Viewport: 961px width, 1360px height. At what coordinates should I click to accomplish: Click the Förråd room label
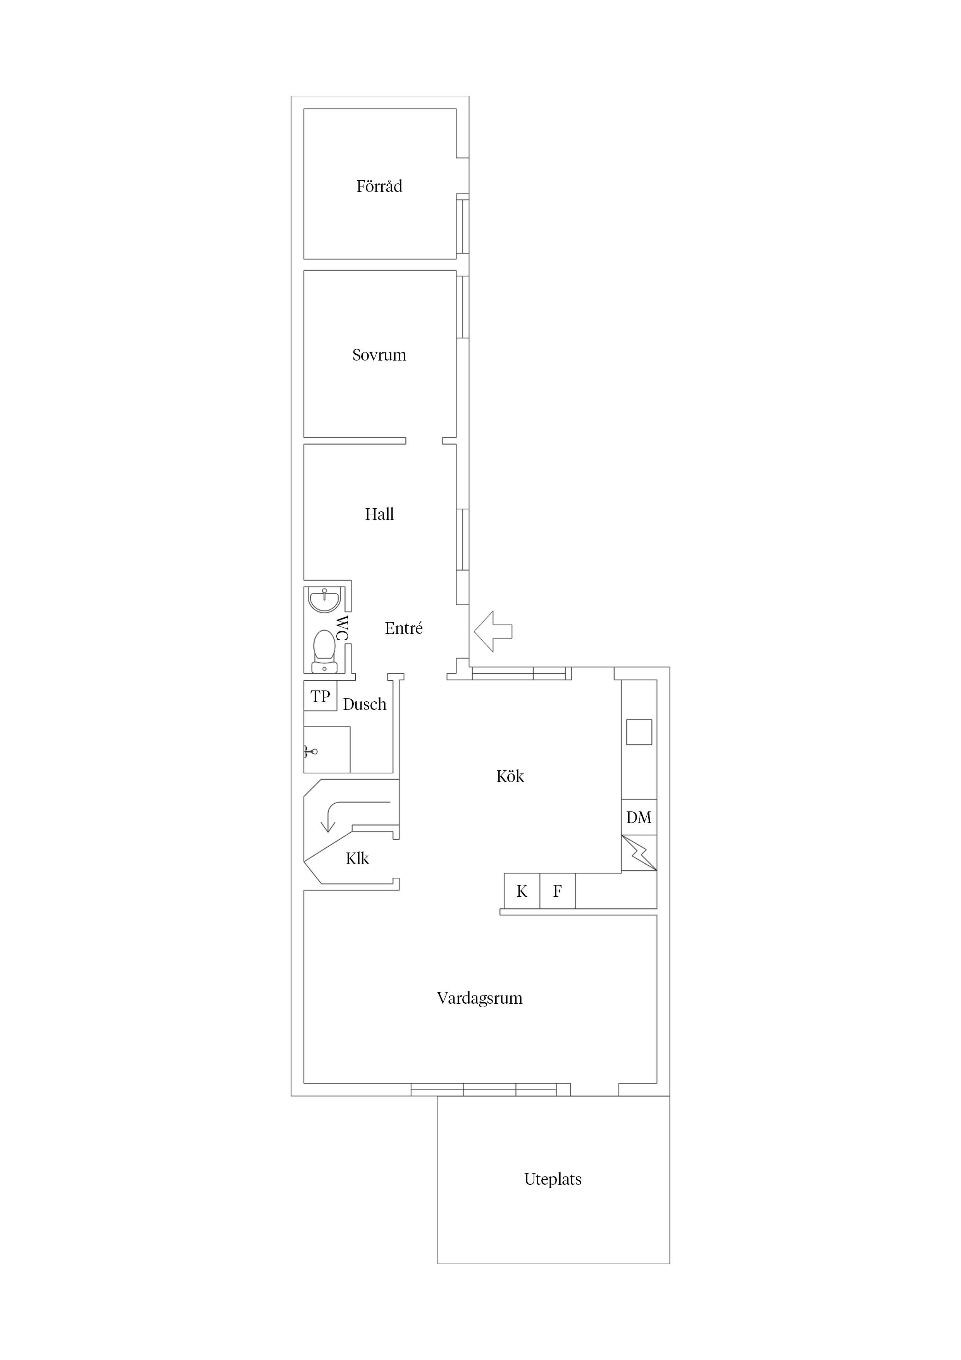379,186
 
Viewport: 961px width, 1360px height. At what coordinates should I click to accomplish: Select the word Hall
379,514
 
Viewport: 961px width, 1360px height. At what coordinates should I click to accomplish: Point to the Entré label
403,628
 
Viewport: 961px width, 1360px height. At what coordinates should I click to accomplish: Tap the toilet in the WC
324,652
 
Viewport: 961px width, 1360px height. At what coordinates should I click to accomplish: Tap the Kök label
510,776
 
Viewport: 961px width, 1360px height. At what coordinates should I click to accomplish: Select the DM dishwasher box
639,817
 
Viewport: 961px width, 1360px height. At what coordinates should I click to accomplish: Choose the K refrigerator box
522,891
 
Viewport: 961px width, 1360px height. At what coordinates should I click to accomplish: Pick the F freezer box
557,891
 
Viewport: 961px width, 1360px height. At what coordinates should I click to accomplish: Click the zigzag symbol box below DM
639,853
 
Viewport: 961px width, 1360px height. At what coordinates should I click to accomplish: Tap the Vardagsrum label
480,999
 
